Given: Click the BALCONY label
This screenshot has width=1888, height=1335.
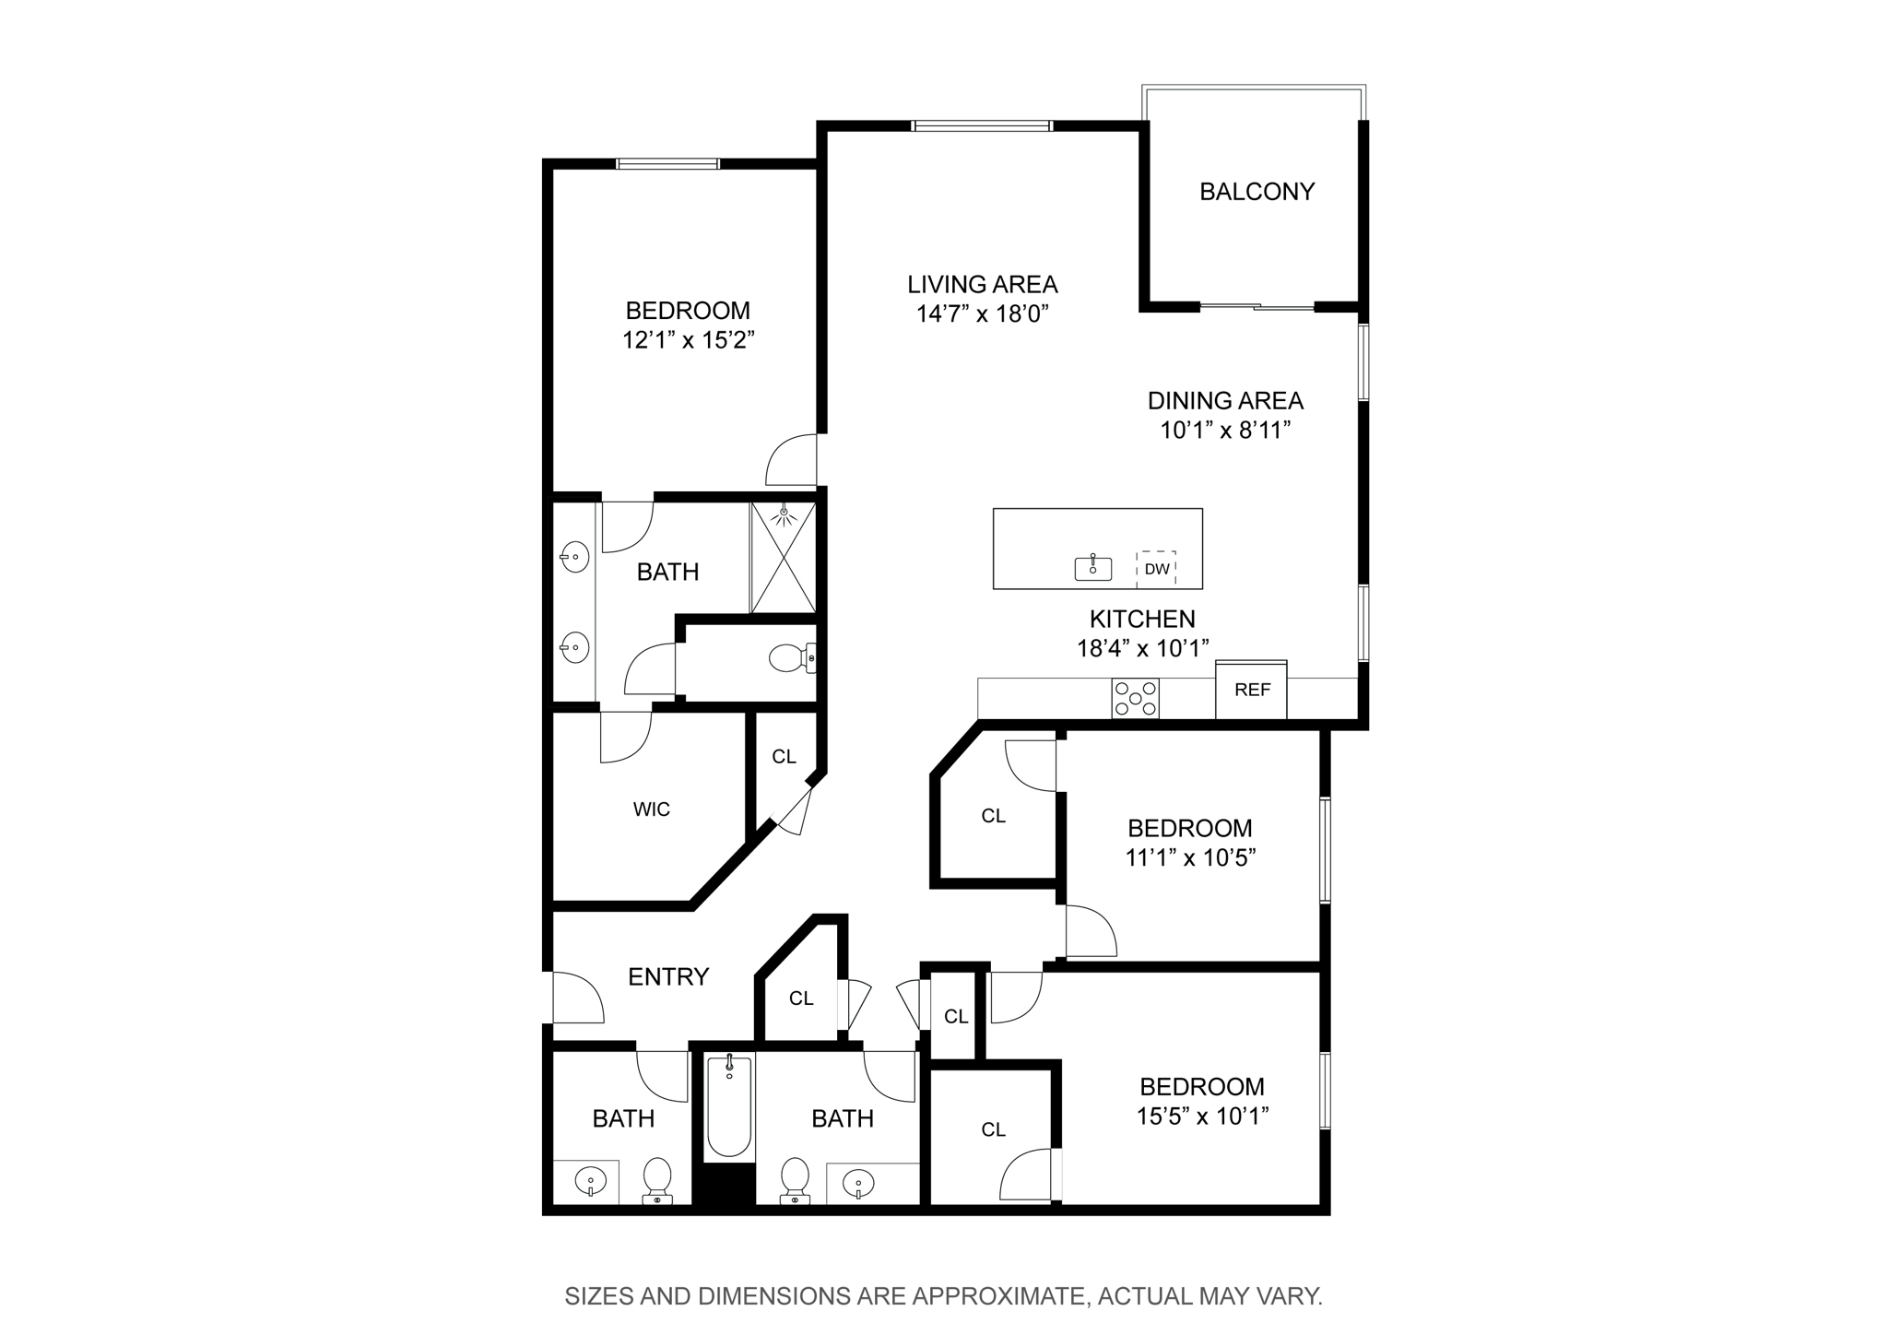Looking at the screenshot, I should (x=1256, y=192).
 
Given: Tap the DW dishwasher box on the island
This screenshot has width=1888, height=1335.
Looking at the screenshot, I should (x=1156, y=569).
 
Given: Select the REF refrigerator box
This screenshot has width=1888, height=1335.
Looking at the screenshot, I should (x=1251, y=690).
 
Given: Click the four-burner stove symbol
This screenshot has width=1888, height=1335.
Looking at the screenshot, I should (x=1135, y=698).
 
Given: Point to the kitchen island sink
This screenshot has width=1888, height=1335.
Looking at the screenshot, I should (x=1092, y=568).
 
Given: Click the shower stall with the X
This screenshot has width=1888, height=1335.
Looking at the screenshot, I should (x=783, y=558).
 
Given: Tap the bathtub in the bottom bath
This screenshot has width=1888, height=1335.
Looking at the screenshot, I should (x=728, y=1107).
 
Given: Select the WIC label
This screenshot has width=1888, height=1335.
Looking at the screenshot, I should (x=651, y=809).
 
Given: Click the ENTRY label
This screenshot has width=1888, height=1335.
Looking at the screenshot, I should (x=667, y=976).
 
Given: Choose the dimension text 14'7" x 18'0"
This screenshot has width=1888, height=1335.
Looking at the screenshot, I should (x=983, y=314).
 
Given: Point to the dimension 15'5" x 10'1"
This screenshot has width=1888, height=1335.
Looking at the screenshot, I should (x=1201, y=1116).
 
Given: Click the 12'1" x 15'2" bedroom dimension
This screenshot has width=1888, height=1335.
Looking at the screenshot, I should (x=688, y=340).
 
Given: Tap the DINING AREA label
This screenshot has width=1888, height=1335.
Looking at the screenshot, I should (x=1224, y=400).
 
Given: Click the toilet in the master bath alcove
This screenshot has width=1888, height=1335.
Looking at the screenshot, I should (x=789, y=658).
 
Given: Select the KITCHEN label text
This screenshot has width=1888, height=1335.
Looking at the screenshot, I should (x=1141, y=619).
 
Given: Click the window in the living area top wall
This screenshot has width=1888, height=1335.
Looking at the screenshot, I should (x=981, y=126).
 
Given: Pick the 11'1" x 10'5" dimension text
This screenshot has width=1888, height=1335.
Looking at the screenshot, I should (x=1189, y=858).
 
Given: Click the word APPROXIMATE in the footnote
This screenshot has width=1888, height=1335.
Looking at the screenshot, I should (x=998, y=1296).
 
